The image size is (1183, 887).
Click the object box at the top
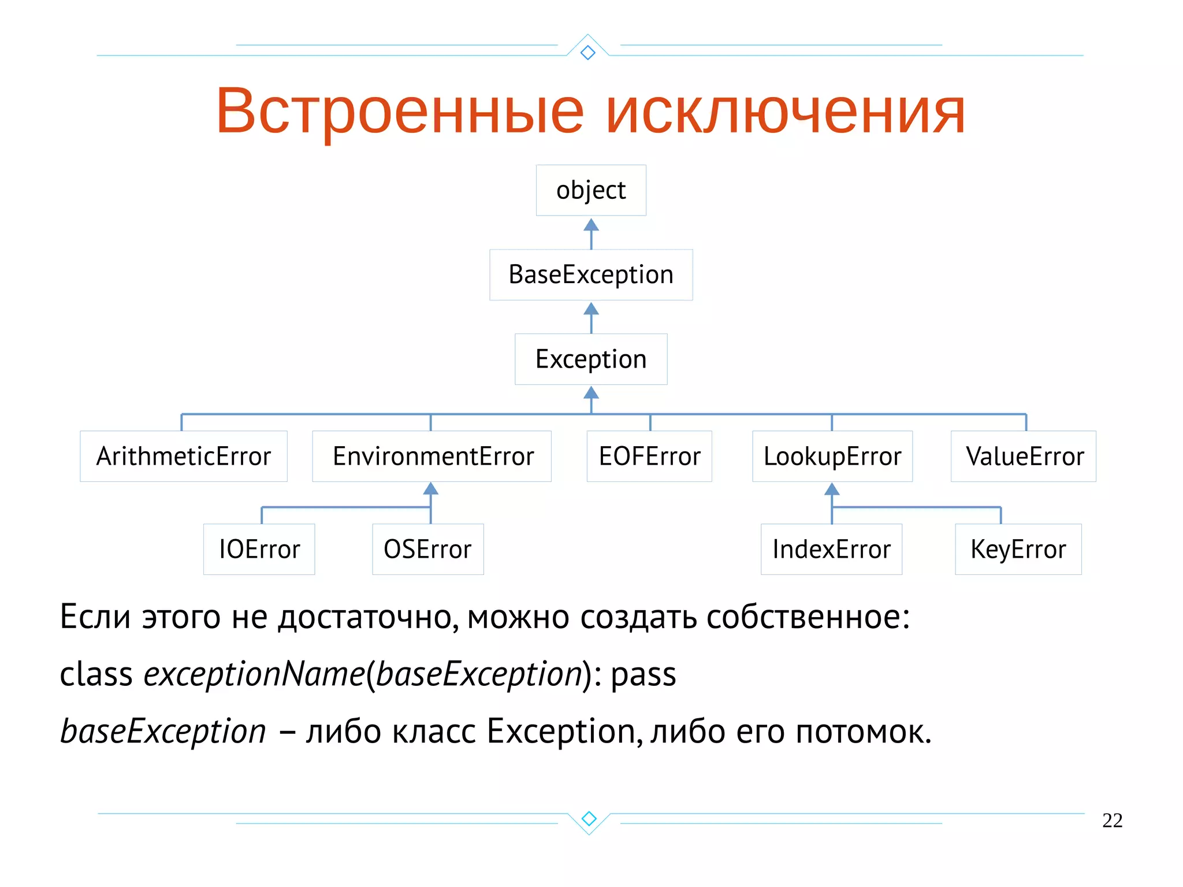tap(591, 190)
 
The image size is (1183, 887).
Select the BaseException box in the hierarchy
tap(591, 274)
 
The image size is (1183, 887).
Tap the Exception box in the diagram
tap(591, 359)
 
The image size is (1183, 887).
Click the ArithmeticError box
tap(183, 456)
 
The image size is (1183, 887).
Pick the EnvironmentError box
tap(432, 456)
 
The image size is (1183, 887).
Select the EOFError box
tap(649, 456)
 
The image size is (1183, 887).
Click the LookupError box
tap(832, 456)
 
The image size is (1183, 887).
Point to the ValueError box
tap(1024, 456)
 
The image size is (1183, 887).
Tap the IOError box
tap(259, 549)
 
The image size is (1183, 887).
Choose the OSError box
tap(428, 549)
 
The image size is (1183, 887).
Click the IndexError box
tap(831, 549)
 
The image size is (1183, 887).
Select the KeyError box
tap(1018, 549)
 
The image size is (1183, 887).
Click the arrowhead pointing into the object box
tap(591, 225)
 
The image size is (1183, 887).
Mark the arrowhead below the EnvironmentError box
tap(431, 489)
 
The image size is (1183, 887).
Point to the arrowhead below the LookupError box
tap(832, 489)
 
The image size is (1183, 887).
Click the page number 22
tap(1112, 821)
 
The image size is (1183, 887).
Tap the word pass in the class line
tap(643, 674)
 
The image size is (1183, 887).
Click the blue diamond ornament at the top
tap(588, 53)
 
